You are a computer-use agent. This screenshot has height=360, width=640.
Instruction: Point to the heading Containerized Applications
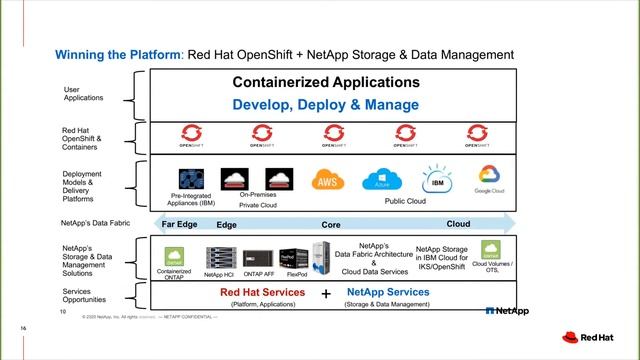click(x=326, y=83)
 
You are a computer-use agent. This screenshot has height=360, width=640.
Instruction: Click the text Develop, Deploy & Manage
click(x=326, y=104)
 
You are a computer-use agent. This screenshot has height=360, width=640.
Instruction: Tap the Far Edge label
click(x=181, y=225)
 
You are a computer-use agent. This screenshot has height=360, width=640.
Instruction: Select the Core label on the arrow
click(x=330, y=225)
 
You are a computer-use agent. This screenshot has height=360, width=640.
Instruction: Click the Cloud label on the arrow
click(x=458, y=225)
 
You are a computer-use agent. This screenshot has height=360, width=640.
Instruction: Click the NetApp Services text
click(x=388, y=293)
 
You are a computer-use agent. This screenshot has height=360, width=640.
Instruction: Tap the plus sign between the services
click(x=326, y=295)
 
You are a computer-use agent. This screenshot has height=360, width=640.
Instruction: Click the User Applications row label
click(x=78, y=95)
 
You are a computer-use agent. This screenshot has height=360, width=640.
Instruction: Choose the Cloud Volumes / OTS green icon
click(x=491, y=249)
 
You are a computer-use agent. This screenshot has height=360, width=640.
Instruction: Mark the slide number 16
click(x=23, y=327)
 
